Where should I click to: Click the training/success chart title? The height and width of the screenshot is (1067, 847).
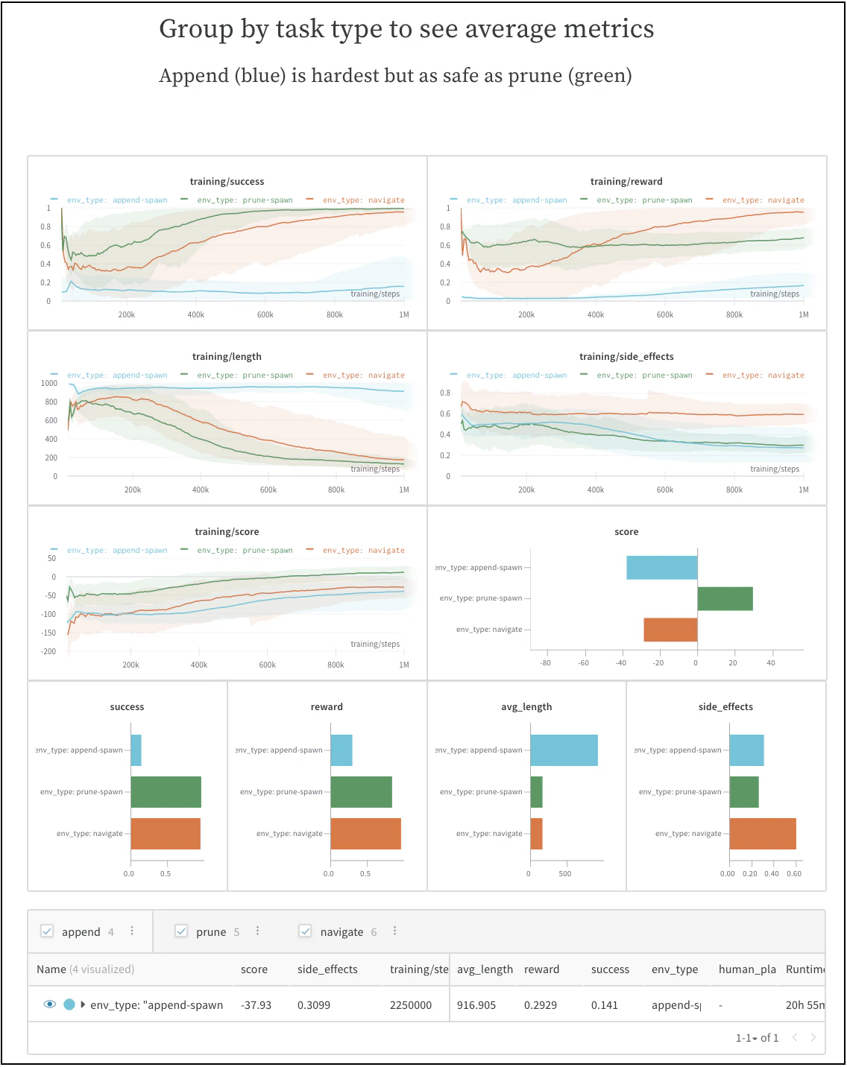(x=227, y=181)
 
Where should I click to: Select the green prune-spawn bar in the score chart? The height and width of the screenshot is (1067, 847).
(x=725, y=598)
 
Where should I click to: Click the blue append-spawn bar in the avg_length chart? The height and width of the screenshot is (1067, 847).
(x=564, y=750)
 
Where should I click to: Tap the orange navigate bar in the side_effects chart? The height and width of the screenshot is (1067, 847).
(x=762, y=833)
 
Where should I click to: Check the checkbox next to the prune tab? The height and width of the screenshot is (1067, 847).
(x=181, y=931)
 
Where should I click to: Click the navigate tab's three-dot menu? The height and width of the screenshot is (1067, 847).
(x=394, y=931)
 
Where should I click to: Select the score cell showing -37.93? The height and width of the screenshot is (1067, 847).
(x=256, y=1004)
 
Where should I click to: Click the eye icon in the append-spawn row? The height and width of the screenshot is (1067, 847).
(x=50, y=1004)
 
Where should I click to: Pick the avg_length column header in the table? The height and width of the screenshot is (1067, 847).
(x=485, y=969)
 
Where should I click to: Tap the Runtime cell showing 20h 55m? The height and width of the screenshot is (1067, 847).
(x=805, y=1004)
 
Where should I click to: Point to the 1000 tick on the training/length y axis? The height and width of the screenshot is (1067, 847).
(x=49, y=383)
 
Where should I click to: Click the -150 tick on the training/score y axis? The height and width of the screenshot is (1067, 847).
(x=48, y=633)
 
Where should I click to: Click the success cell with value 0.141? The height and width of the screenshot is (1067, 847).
(x=604, y=1004)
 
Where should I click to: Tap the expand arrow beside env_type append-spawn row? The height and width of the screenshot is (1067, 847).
(x=83, y=1004)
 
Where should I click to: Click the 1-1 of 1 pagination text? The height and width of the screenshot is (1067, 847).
(x=757, y=1037)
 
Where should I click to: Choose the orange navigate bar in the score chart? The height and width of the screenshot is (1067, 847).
(x=670, y=630)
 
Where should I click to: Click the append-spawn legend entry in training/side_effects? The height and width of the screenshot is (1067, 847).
(x=516, y=375)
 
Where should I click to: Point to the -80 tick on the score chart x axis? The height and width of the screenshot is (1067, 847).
(x=545, y=662)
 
